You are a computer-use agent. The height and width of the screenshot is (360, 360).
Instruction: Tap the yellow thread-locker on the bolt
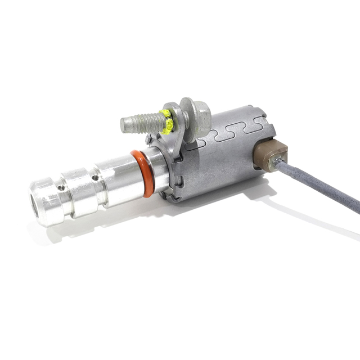(x=166, y=121)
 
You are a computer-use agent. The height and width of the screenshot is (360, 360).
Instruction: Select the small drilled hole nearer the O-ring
(x=96, y=178)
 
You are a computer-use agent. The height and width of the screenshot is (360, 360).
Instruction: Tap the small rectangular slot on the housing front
(x=178, y=181)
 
